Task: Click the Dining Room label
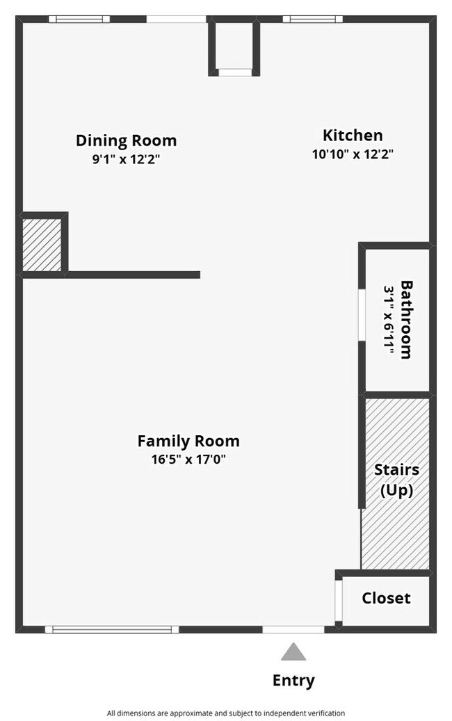(126, 140)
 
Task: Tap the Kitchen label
(353, 136)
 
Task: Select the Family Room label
(188, 441)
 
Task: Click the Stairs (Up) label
(396, 480)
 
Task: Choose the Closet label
(386, 598)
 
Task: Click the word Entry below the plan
(293, 681)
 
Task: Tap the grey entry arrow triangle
(293, 652)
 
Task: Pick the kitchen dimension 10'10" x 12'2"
(353, 154)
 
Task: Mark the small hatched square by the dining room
(42, 245)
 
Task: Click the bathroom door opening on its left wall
(362, 315)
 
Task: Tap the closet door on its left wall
(339, 600)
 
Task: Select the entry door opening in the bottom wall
(293, 629)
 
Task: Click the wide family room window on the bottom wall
(112, 629)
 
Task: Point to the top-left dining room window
(79, 19)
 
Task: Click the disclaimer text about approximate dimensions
(225, 713)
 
